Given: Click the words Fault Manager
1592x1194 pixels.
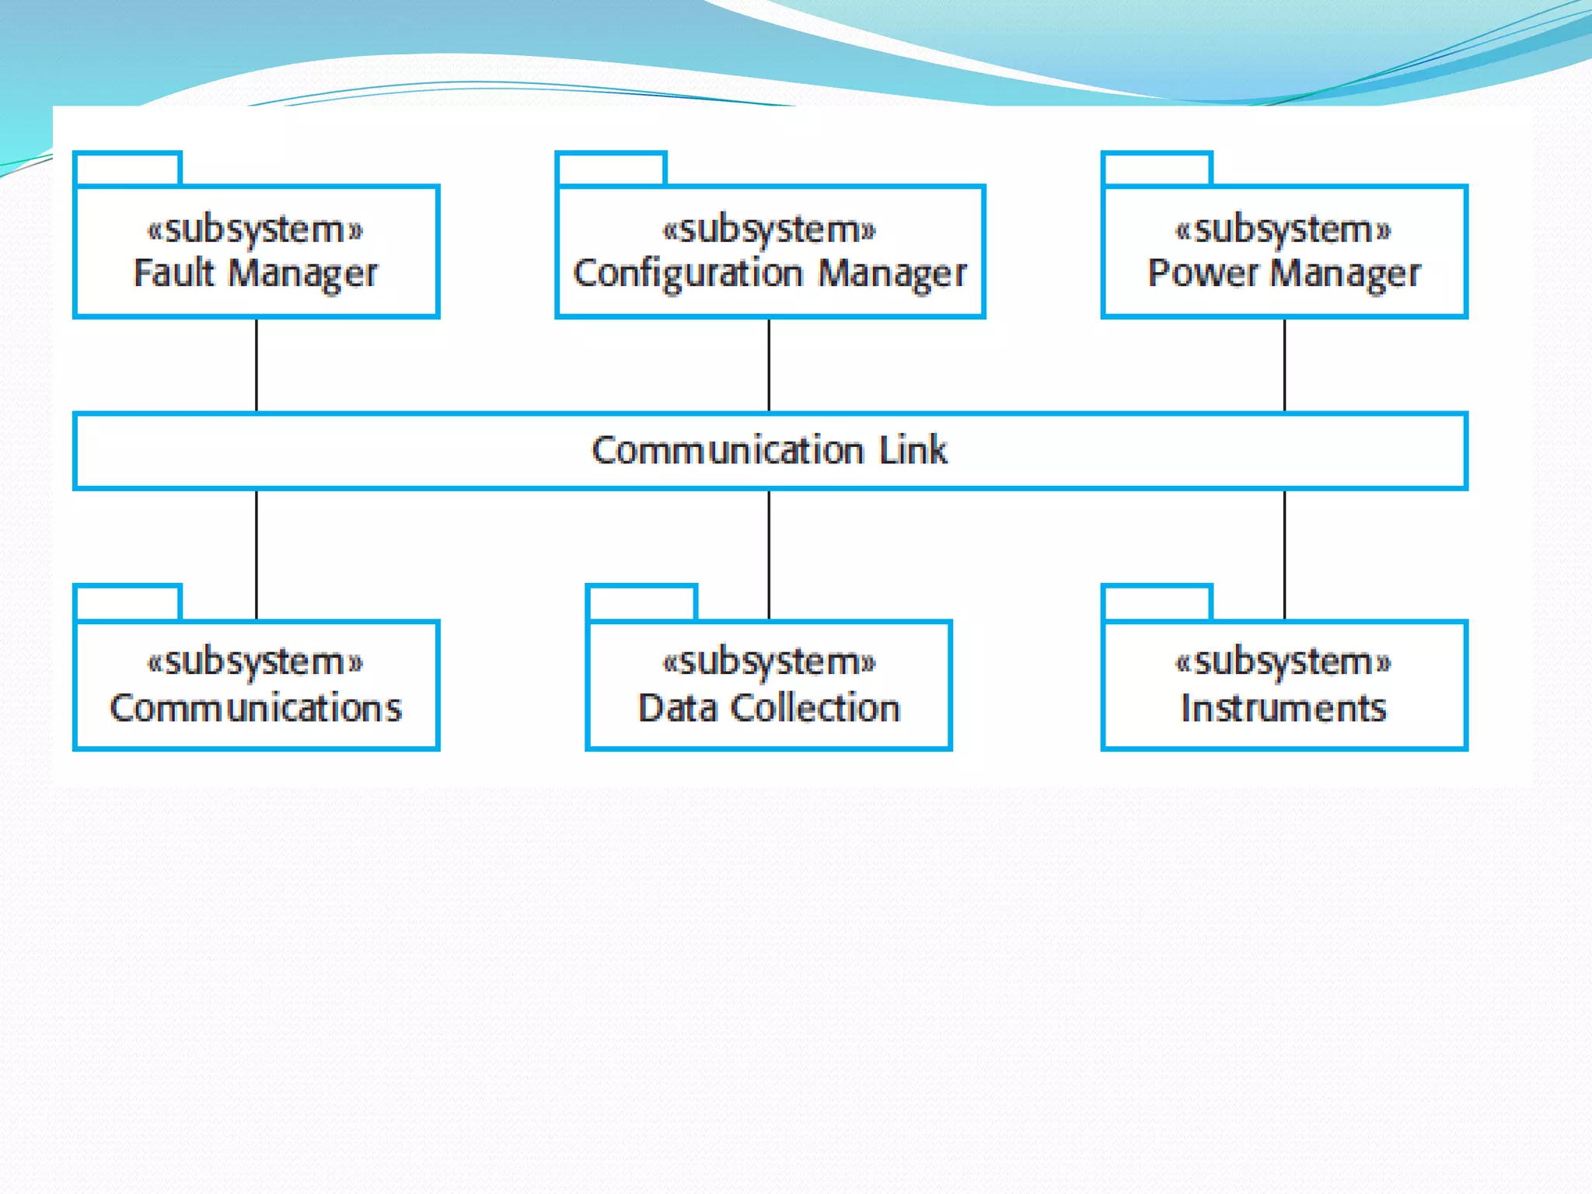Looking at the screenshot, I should pyautogui.click(x=256, y=273).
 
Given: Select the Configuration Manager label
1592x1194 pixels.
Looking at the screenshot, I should pyautogui.click(x=770, y=273).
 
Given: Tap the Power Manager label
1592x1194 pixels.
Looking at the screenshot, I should pyautogui.click(x=1284, y=273).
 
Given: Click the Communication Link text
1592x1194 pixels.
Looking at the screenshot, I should pyautogui.click(x=770, y=450).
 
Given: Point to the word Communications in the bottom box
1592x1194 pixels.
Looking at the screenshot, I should pyautogui.click(x=256, y=707).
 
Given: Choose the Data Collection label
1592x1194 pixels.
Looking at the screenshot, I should pyautogui.click(x=769, y=707).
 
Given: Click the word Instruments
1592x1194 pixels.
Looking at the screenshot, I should pyautogui.click(x=1283, y=707).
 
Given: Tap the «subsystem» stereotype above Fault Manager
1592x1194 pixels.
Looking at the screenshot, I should pyautogui.click(x=256, y=229).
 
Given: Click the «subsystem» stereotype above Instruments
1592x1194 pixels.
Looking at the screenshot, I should pyautogui.click(x=1283, y=662).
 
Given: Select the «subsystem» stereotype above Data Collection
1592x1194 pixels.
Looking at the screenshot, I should pyautogui.click(x=769, y=662).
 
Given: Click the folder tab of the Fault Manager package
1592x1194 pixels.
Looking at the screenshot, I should pyautogui.click(x=128, y=169).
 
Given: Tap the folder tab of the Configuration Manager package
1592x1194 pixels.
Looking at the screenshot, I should pyautogui.click(x=611, y=169).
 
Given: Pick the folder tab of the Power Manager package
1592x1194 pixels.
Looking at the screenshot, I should pyautogui.click(x=1157, y=169).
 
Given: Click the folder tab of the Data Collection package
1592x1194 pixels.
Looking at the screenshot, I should pyautogui.click(x=641, y=602).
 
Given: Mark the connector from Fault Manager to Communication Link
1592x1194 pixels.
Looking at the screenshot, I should pyautogui.click(x=257, y=365).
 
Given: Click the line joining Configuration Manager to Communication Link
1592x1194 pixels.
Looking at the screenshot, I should pyautogui.click(x=769, y=365).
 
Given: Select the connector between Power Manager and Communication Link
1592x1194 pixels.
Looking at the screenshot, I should pyautogui.click(x=1284, y=365).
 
